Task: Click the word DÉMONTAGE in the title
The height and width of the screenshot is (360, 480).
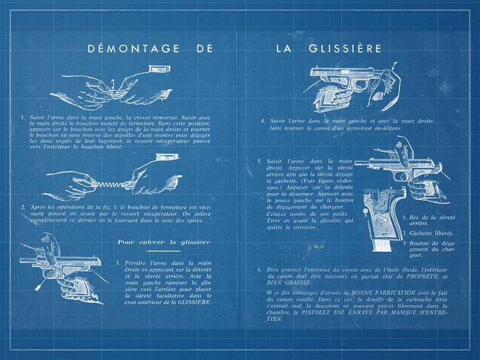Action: (133, 49)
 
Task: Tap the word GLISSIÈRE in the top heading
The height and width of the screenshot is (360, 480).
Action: (345, 49)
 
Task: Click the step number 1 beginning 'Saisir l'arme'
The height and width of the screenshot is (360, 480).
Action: (23, 117)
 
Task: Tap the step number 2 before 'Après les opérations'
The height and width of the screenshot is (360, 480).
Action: (23, 207)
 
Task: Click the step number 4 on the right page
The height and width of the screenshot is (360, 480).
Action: (262, 121)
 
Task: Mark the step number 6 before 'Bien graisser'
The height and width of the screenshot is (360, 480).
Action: (259, 270)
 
